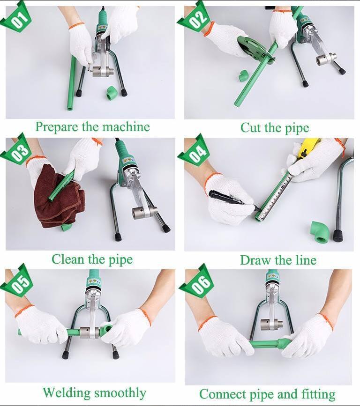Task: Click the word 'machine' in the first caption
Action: pyautogui.click(x=126, y=127)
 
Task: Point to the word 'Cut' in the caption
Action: pyautogui.click(x=250, y=128)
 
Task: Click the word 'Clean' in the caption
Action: pyautogui.click(x=68, y=259)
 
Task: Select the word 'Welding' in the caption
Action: pyautogui.click(x=67, y=393)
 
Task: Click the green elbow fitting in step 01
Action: pyautogui.click(x=112, y=93)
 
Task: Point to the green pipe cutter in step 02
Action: pyautogui.click(x=255, y=49)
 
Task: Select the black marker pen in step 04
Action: pyautogui.click(x=232, y=199)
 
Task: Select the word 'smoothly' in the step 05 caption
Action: pyautogui.click(x=120, y=393)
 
